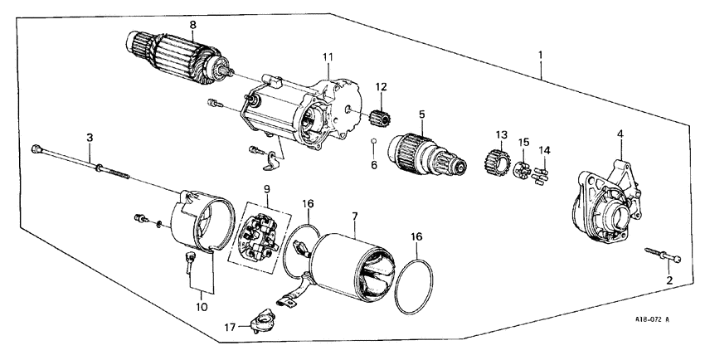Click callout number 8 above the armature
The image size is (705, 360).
click(192, 26)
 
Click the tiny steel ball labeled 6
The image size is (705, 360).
click(374, 142)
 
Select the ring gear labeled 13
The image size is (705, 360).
click(495, 158)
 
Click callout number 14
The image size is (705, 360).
click(544, 150)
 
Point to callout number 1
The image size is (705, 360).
click(541, 56)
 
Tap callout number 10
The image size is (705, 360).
click(199, 308)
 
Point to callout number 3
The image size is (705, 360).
click(89, 135)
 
